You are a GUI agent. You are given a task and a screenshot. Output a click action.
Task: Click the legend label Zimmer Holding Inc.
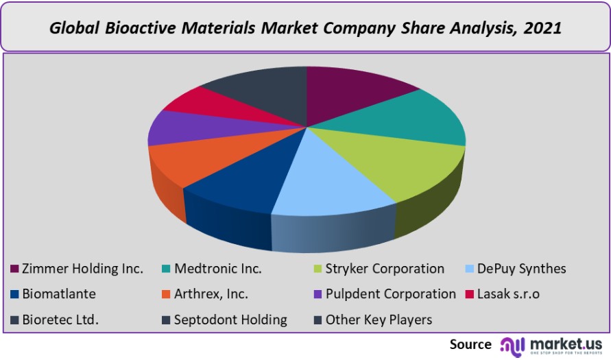82,269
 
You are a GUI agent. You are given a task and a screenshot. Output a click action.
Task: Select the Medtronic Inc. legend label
218,269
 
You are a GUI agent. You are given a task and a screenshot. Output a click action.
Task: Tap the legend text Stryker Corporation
385,269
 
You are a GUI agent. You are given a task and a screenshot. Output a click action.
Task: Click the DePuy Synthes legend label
522,269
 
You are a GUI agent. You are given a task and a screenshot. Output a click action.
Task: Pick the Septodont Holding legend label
230,320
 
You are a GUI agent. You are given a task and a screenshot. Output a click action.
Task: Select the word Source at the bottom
470,344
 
